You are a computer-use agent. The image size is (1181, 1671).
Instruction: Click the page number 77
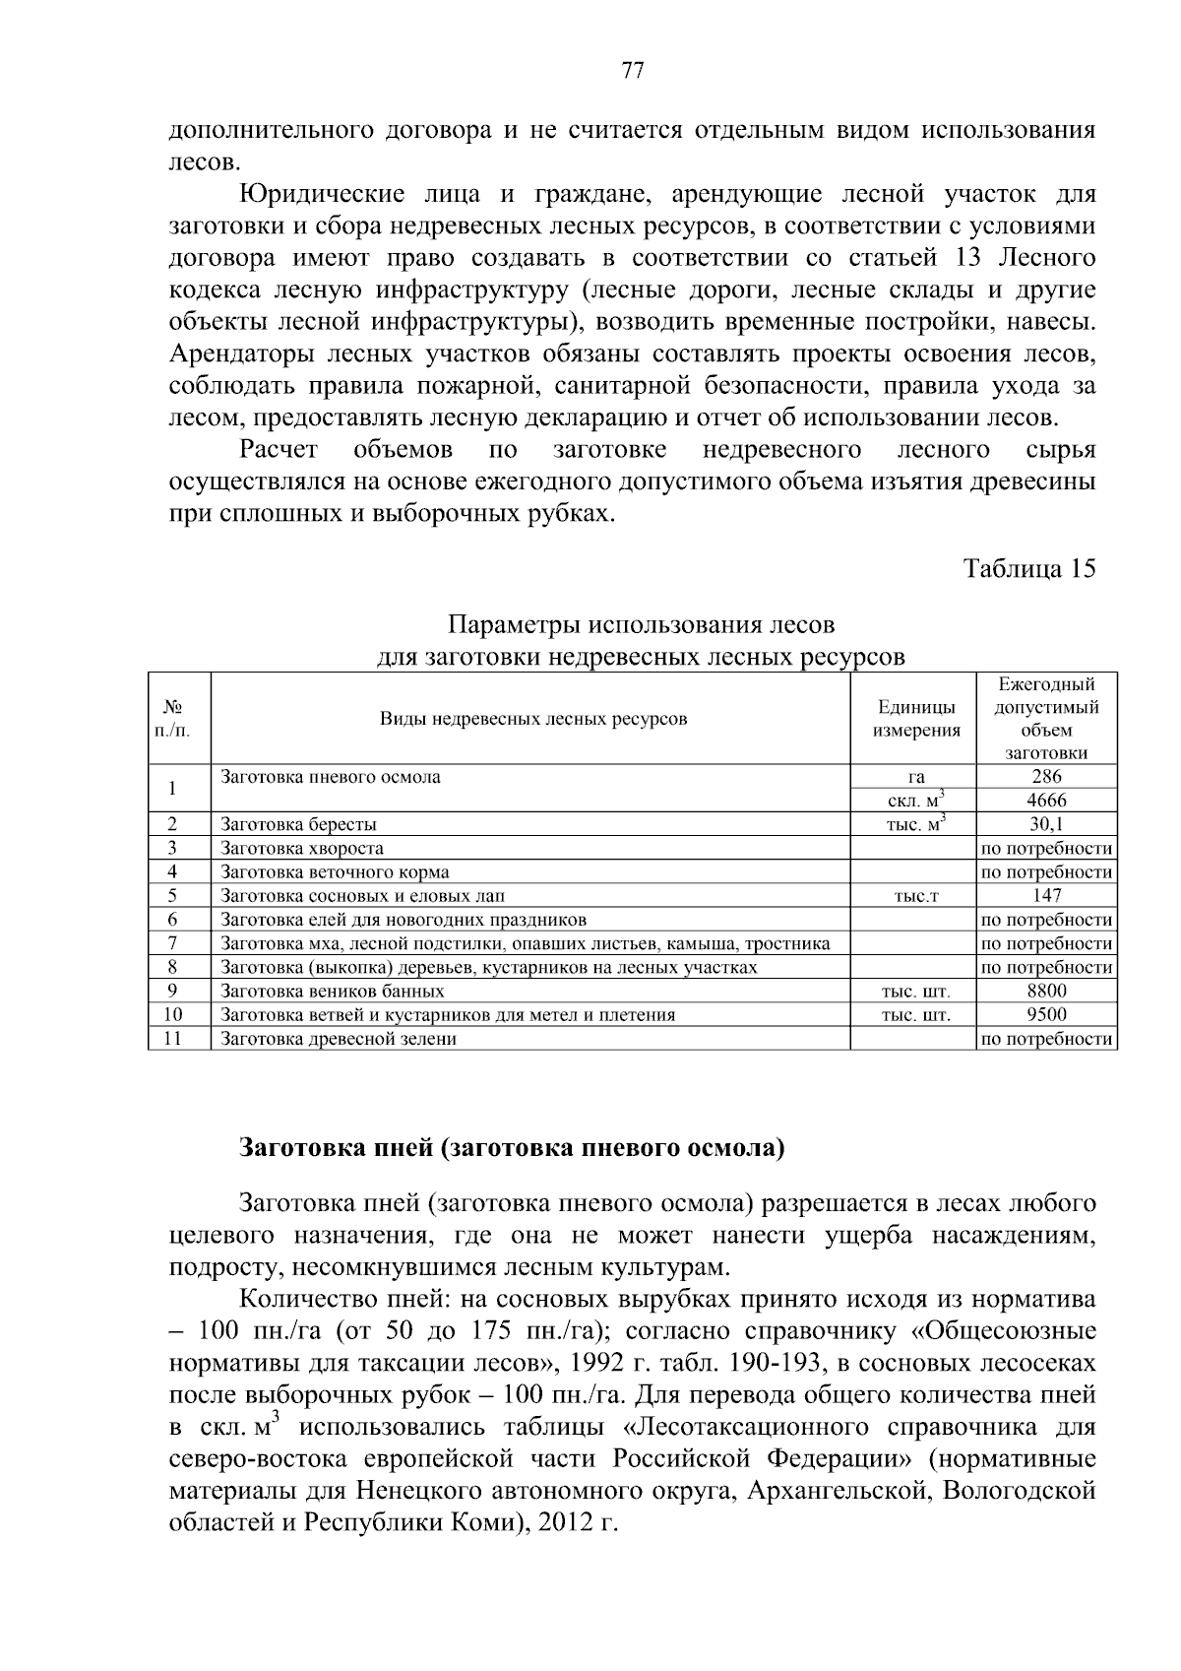(633, 70)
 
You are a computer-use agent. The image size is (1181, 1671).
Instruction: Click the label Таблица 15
(1028, 569)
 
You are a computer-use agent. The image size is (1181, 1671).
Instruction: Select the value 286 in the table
(1046, 777)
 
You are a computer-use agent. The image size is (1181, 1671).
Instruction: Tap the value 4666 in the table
(1046, 801)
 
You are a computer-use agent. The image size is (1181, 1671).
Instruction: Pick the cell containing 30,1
(1046, 824)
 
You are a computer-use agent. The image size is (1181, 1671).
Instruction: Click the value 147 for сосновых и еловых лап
(1046, 895)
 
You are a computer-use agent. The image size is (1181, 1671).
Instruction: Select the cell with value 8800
(1046, 991)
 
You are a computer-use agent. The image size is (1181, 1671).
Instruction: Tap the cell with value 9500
(1046, 1014)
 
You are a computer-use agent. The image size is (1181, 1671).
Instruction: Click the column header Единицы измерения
(915, 719)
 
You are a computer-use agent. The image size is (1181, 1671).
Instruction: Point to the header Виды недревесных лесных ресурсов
(532, 719)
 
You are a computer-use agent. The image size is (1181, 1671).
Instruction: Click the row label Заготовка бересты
(298, 825)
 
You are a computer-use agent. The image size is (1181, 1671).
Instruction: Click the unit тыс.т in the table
(915, 896)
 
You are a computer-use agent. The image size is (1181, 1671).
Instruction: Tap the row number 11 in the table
(173, 1038)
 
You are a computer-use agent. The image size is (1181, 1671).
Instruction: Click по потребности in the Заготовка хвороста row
(1046, 848)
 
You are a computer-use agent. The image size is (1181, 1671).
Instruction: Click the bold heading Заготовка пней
(512, 1149)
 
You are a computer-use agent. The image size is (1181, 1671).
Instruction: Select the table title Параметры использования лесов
(642, 626)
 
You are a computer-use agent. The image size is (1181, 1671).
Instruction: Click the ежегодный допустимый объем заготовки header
(1046, 719)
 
